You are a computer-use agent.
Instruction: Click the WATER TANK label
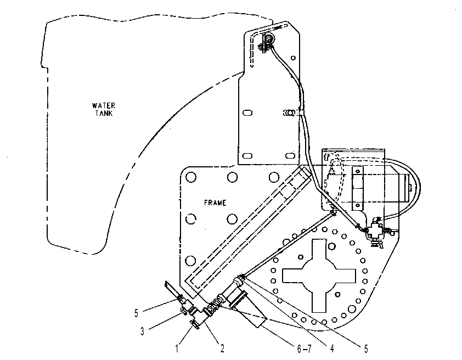103,109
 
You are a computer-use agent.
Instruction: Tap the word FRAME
215,203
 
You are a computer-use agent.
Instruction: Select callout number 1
177,348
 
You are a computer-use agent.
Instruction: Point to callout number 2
222,348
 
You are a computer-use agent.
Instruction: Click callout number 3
142,331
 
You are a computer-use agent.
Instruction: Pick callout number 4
332,348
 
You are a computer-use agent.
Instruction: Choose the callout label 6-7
304,349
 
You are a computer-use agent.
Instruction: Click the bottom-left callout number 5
136,313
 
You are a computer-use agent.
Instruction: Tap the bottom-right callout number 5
366,349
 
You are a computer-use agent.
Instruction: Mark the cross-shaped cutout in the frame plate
319,275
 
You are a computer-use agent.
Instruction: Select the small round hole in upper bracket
293,58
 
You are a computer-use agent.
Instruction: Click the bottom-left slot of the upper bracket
247,155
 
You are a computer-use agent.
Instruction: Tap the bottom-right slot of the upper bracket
290,155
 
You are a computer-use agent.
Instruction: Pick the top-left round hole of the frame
191,177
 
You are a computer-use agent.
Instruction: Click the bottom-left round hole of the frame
190,261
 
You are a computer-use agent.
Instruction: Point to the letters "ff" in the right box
326,157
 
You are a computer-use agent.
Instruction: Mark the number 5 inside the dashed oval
325,183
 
